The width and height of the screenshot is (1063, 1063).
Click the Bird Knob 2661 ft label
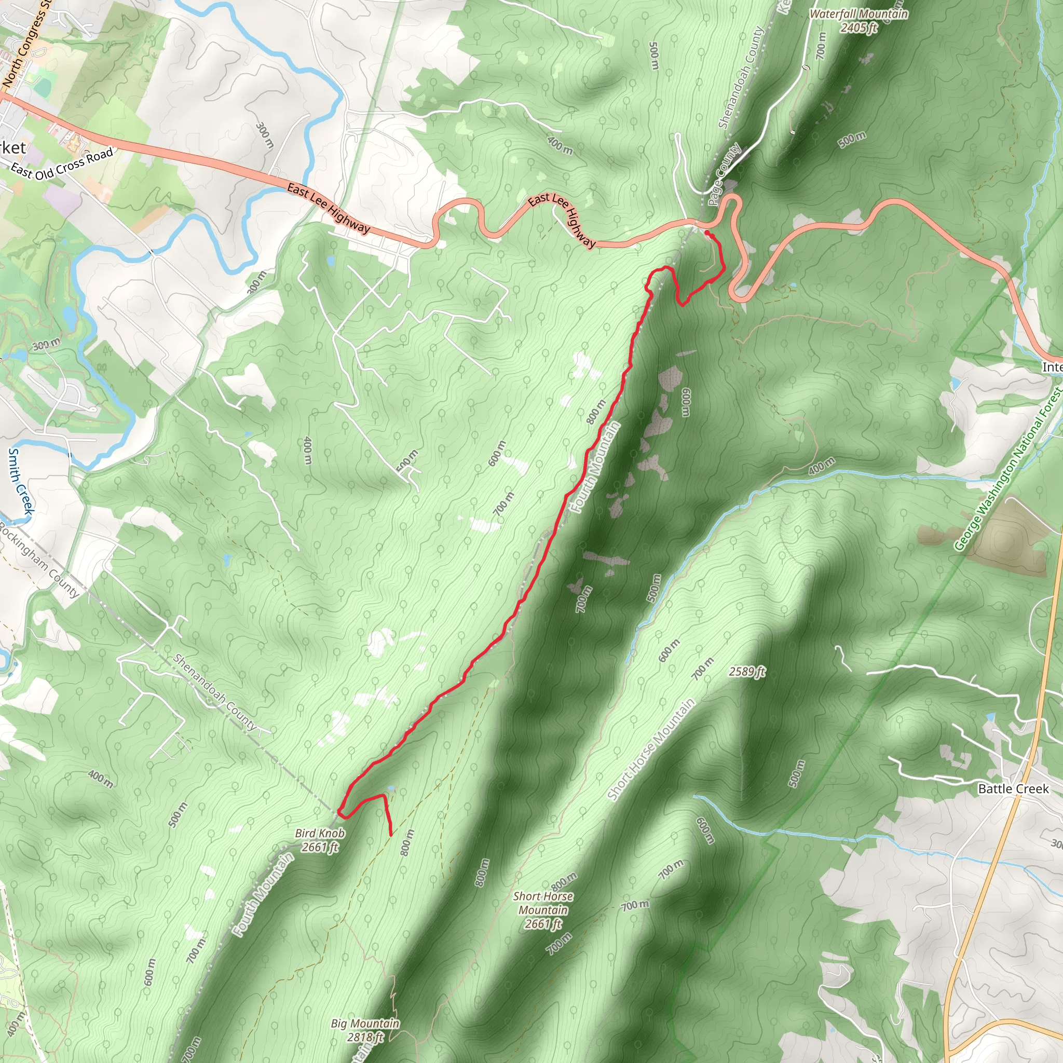coord(320,840)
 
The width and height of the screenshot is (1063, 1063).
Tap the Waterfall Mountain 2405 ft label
coord(858,20)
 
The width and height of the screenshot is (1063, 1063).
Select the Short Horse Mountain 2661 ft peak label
coord(543,910)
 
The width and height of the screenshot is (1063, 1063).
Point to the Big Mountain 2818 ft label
coord(365,1030)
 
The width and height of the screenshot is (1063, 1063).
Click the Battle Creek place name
coord(1013,788)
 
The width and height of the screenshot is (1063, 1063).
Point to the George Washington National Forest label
coord(1008,469)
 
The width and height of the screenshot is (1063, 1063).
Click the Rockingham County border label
coord(39,560)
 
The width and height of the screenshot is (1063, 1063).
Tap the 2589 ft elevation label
coord(746,672)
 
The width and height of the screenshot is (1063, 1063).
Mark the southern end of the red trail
coord(391,835)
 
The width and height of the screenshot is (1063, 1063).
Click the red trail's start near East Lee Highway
coord(706,233)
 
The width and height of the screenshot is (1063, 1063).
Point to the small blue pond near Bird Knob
coord(391,788)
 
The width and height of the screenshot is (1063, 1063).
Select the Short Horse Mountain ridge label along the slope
coord(651,749)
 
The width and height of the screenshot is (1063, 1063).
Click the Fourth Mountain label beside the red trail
coord(596,467)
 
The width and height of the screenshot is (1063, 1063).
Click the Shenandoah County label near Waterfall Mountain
coord(742,77)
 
